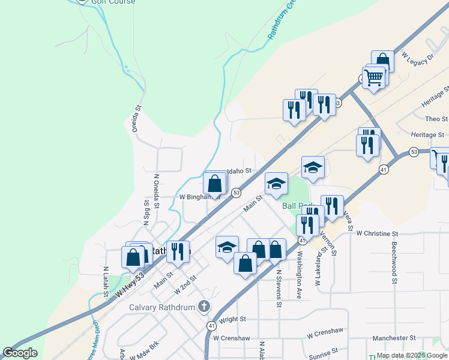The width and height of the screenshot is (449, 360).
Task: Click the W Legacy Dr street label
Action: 417,58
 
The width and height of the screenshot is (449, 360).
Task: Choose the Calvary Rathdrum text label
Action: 163,308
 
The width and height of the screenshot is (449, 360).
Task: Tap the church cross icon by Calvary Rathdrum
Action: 204,307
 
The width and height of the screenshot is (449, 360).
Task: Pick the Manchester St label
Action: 394,338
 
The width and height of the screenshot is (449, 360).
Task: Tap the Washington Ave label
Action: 299,263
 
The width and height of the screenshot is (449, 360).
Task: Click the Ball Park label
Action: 298,205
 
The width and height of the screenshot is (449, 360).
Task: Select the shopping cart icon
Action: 373,77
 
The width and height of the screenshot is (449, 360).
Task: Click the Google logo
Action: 20,353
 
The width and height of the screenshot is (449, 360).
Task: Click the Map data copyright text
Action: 411,355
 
